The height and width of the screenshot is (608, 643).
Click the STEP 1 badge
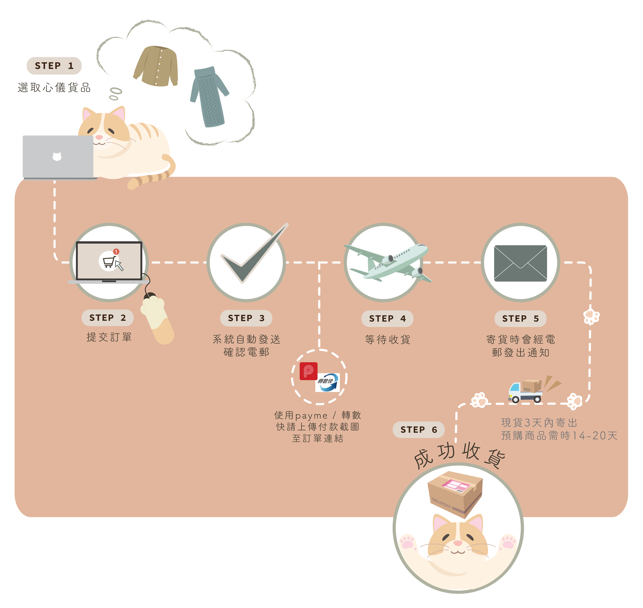[x=54, y=66]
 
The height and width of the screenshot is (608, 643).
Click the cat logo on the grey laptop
[x=57, y=157]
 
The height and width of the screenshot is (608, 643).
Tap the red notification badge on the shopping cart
[x=116, y=251]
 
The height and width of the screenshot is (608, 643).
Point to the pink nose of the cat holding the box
[x=458, y=543]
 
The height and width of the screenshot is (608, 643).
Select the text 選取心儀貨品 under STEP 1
[x=54, y=88]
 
